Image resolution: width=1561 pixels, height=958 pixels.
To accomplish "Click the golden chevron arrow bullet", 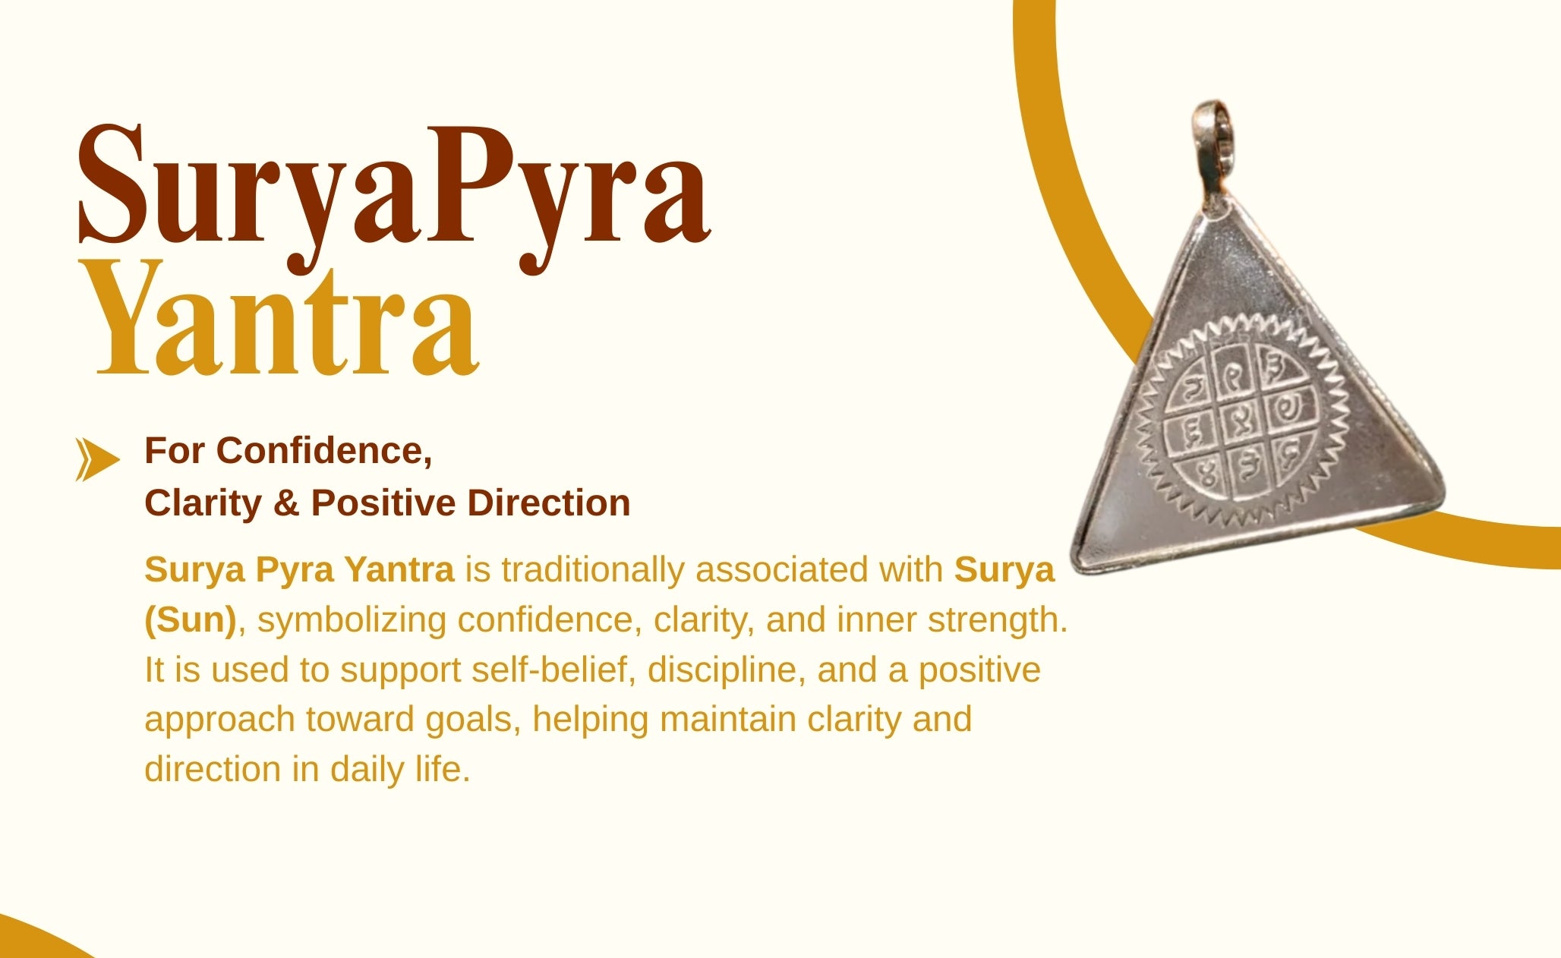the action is pos(97,459).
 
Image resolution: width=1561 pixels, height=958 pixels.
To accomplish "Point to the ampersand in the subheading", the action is pos(285,503).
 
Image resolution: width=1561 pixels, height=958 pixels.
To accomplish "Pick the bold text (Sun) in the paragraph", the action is pos(191,620).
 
